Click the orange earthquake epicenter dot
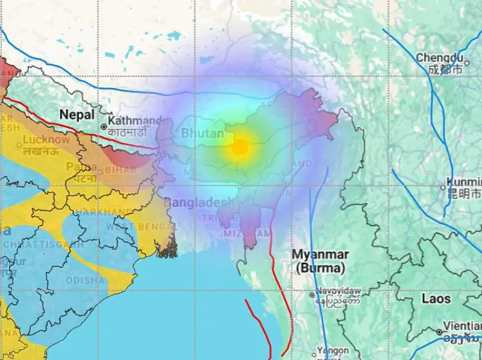[x=240, y=147]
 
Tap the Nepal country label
[x=77, y=114]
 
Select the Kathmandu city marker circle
[x=104, y=127]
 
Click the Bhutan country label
[x=202, y=133]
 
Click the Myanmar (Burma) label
[x=319, y=261]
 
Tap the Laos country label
[x=436, y=298]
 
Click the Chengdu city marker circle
[x=466, y=63]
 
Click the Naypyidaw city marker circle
[x=312, y=295]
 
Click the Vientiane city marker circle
[x=439, y=332]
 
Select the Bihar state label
[x=121, y=171]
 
